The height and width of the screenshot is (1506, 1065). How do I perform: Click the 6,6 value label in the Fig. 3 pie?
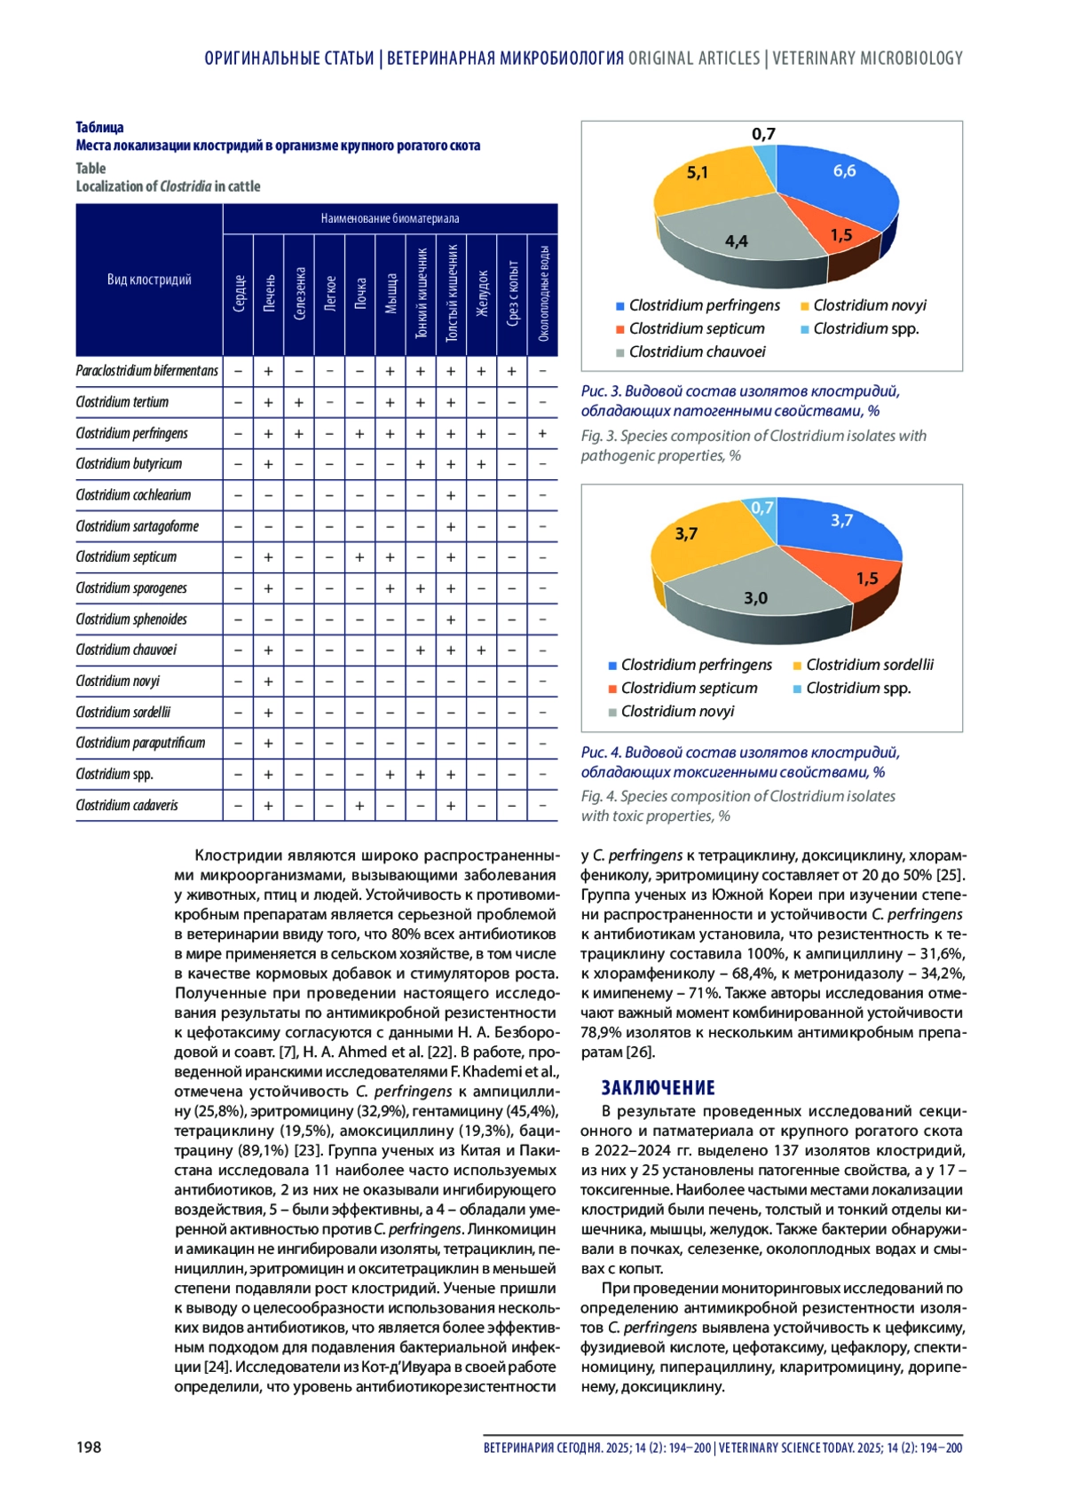click(844, 170)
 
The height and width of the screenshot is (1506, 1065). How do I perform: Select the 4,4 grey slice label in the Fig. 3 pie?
click(736, 240)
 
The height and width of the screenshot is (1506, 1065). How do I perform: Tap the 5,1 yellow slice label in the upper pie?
click(698, 172)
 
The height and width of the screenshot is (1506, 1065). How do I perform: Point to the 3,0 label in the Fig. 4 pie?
click(755, 598)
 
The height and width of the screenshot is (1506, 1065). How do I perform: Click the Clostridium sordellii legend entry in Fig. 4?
click(869, 665)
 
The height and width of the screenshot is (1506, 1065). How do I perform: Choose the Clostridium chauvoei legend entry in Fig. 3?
click(697, 351)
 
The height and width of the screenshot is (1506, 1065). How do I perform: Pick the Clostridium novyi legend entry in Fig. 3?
click(869, 305)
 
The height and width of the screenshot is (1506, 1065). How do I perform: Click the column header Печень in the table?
click(269, 295)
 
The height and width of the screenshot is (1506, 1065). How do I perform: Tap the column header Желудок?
click(482, 295)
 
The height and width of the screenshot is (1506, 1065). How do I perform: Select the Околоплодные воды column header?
click(543, 295)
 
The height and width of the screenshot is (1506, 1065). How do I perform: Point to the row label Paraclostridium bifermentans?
click(146, 371)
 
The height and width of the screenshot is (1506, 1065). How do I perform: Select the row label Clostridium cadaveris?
click(127, 806)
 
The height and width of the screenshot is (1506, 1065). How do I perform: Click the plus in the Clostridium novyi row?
click(269, 682)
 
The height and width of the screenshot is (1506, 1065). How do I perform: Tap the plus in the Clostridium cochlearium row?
click(451, 495)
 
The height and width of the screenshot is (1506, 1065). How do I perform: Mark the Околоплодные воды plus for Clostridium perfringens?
click(542, 433)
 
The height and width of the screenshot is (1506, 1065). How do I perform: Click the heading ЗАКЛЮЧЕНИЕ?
click(658, 1088)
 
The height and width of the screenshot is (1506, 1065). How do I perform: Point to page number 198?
click(89, 1447)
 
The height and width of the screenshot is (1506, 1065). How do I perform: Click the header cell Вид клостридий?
click(149, 280)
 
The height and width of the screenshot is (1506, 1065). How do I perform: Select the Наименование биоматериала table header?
click(390, 218)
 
